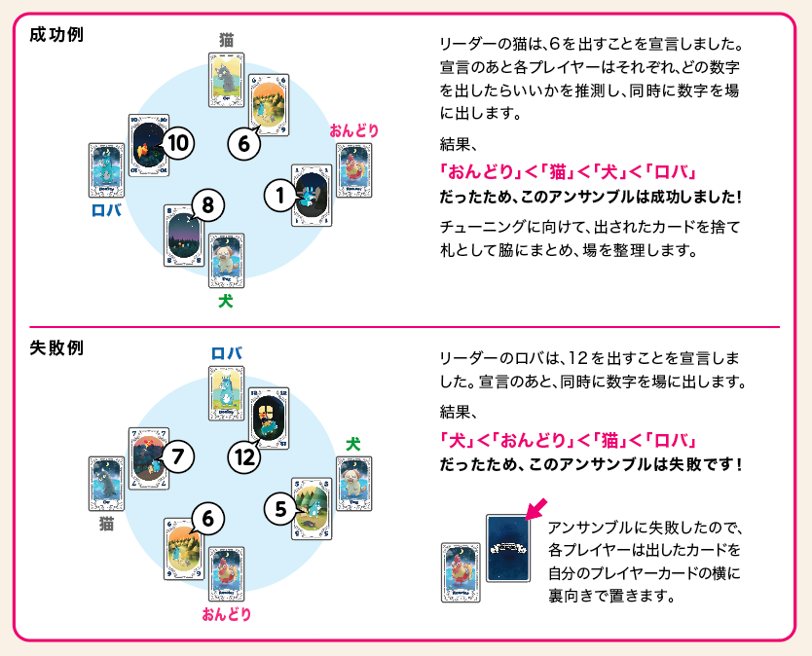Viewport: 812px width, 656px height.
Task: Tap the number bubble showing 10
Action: coord(176,144)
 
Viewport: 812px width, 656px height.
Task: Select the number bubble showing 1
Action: coord(280,196)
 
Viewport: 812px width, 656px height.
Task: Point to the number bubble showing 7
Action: coord(176,455)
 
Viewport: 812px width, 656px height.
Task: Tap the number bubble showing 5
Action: coord(280,508)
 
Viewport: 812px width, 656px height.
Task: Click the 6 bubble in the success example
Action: coord(245,144)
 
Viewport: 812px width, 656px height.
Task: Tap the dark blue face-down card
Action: coord(507,548)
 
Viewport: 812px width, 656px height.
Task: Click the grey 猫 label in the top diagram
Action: coord(226,40)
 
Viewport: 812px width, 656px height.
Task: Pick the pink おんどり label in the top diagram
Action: coord(353,130)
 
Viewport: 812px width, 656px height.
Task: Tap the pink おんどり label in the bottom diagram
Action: coord(226,614)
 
